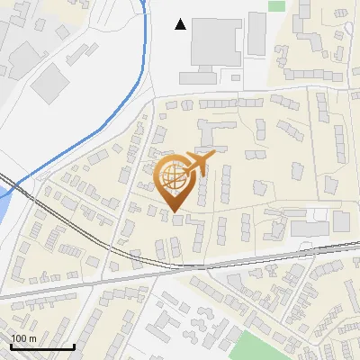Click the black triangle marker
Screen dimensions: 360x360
tap(181, 24)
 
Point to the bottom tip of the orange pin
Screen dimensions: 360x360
tap(176, 211)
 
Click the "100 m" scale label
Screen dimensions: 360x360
tap(23, 338)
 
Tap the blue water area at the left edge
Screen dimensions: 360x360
tap(3, 207)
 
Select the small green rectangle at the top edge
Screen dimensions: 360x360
tap(276, 5)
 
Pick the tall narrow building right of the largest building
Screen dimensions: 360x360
tap(257, 31)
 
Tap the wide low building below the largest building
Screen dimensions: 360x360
tap(211, 76)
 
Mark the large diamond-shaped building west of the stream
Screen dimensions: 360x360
tap(56, 82)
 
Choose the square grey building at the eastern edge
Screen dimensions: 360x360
tap(341, 221)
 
